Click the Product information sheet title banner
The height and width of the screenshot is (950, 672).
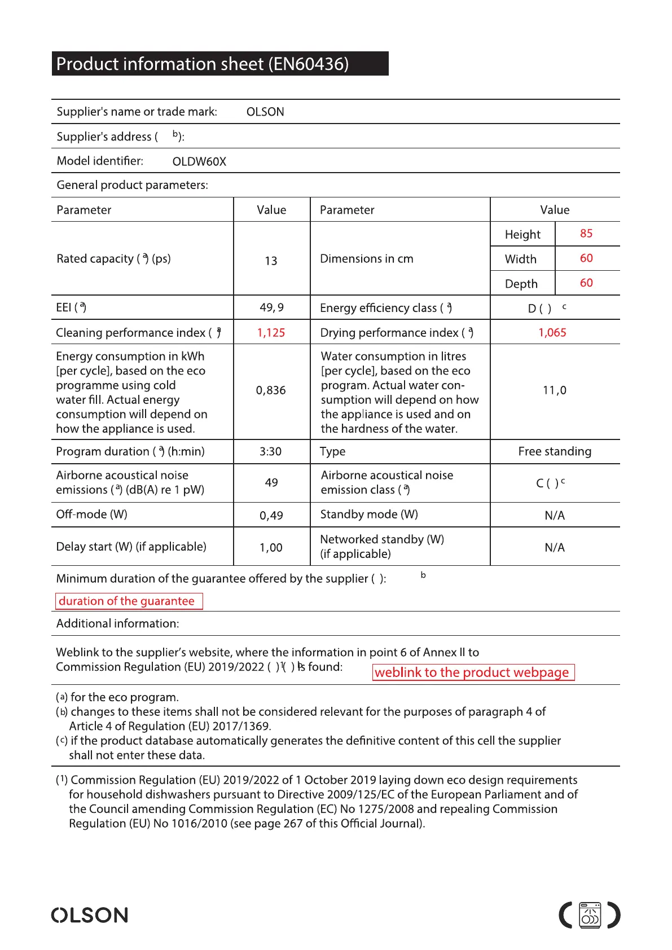pyautogui.click(x=220, y=64)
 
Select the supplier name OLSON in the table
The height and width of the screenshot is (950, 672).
pyautogui.click(x=265, y=112)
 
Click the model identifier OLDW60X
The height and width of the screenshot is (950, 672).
pyautogui.click(x=199, y=161)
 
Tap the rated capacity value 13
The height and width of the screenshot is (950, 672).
pyautogui.click(x=271, y=261)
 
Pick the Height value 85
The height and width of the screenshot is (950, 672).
pyautogui.click(x=586, y=234)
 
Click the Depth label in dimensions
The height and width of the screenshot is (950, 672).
pyautogui.click(x=521, y=284)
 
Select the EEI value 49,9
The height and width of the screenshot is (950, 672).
pyautogui.click(x=271, y=307)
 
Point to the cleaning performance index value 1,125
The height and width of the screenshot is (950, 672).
pyautogui.click(x=271, y=333)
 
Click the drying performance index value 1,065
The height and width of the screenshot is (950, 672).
pyautogui.click(x=552, y=333)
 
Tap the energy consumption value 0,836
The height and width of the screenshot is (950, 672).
pyautogui.click(x=271, y=390)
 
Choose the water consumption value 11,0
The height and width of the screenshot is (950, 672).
pyautogui.click(x=555, y=390)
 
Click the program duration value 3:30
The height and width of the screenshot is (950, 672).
pyautogui.click(x=271, y=451)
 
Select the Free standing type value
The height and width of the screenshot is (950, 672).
pyautogui.click(x=555, y=451)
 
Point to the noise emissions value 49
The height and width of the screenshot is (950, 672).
pyautogui.click(x=271, y=483)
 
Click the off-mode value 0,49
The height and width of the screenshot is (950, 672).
pyautogui.click(x=271, y=515)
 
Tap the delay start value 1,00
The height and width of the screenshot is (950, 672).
pyautogui.click(x=271, y=547)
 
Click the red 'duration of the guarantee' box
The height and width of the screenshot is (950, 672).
pyautogui.click(x=129, y=601)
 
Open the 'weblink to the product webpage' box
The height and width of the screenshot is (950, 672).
pyautogui.click(x=473, y=672)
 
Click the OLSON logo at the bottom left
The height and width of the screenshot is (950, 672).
pyautogui.click(x=90, y=915)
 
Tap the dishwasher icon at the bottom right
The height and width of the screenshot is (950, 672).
pyautogui.click(x=590, y=915)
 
